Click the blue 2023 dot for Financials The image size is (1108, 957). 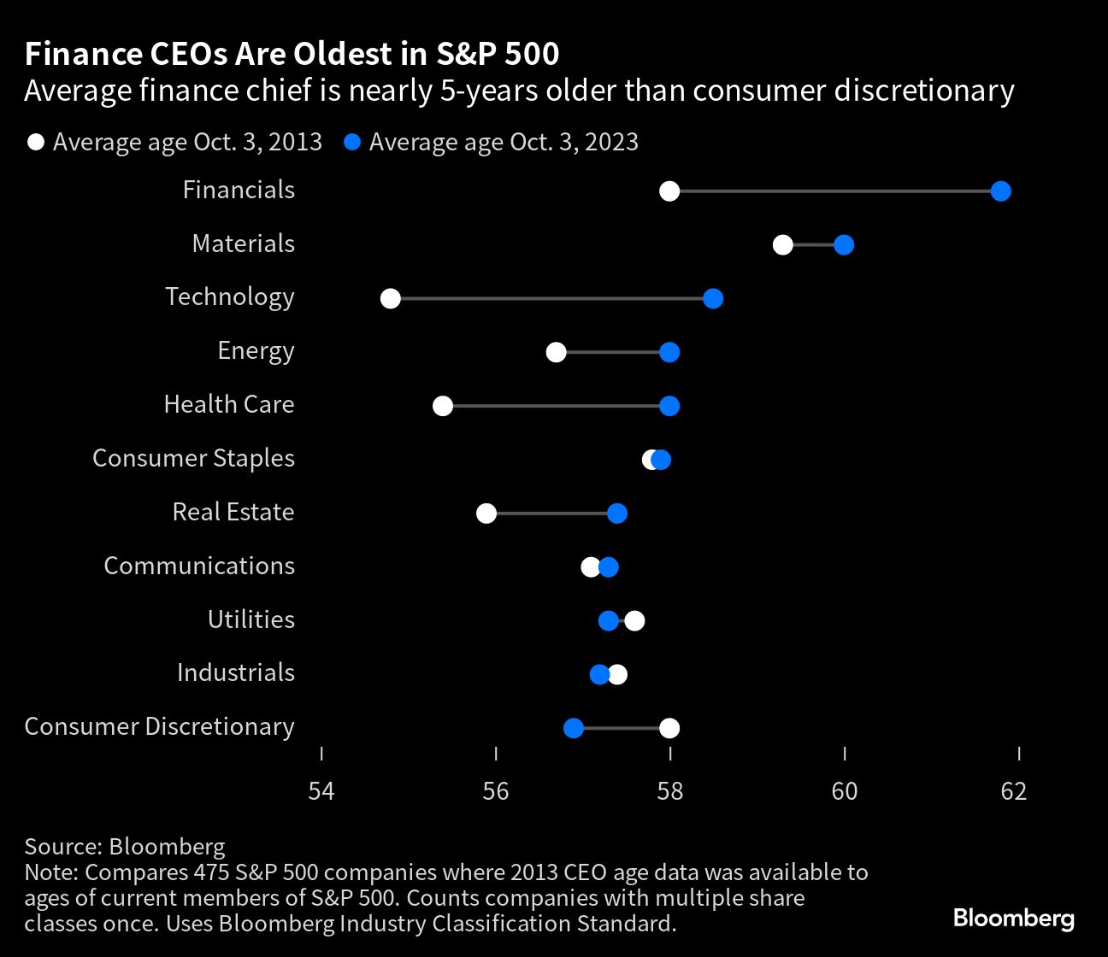click(1000, 191)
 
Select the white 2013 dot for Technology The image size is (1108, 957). click(391, 299)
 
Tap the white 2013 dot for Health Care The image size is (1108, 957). click(443, 406)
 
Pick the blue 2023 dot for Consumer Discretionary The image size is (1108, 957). click(574, 728)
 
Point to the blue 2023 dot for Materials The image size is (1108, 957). click(844, 245)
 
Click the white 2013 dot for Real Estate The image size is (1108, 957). click(486, 514)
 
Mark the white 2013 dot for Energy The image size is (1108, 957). click(557, 352)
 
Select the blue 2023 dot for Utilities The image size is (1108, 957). click(608, 620)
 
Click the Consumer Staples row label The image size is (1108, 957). click(193, 458)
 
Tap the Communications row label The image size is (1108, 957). click(199, 566)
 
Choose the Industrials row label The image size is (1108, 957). click(236, 672)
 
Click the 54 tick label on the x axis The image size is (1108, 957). click(321, 791)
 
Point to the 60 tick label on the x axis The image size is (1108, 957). click(845, 791)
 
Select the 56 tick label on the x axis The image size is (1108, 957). click(496, 791)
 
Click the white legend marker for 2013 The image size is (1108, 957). click(36, 142)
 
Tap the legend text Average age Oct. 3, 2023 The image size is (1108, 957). click(504, 142)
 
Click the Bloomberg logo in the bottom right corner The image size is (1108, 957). click(1014, 919)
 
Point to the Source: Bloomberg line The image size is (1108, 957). click(125, 847)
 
